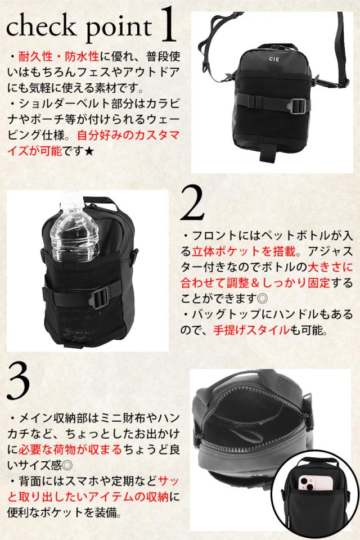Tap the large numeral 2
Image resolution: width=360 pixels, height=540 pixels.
coord(192,202)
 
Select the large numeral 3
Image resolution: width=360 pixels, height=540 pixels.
coord(19,382)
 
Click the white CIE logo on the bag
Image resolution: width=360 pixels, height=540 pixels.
coord(274,59)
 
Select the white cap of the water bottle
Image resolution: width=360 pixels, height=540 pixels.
coord(71,197)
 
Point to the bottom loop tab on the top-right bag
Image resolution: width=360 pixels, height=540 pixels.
coord(268,152)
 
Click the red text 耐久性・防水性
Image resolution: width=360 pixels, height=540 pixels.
coord(58,56)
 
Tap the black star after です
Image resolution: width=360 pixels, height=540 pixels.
coord(89,151)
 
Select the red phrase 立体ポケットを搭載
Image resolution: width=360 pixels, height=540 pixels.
coord(244,251)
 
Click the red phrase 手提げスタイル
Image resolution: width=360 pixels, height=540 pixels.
coord(251,330)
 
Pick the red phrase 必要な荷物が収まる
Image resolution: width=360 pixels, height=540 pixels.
coord(70,449)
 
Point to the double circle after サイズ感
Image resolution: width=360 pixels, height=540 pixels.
coord(67,465)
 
